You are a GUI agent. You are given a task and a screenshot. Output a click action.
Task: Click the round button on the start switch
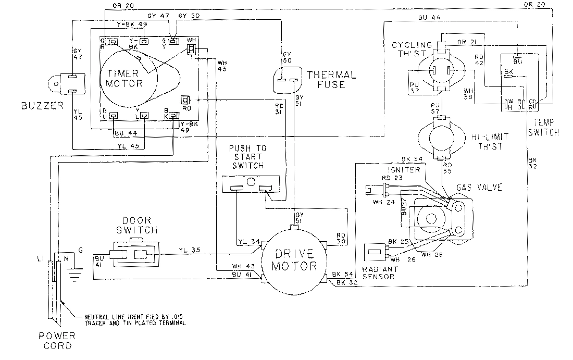click(x=251, y=182)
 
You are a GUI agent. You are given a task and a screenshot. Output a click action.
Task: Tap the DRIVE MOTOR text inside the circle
click(x=295, y=260)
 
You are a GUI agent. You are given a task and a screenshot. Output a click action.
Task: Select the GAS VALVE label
click(x=479, y=187)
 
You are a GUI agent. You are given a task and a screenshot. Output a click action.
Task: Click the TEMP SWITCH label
click(x=544, y=129)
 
